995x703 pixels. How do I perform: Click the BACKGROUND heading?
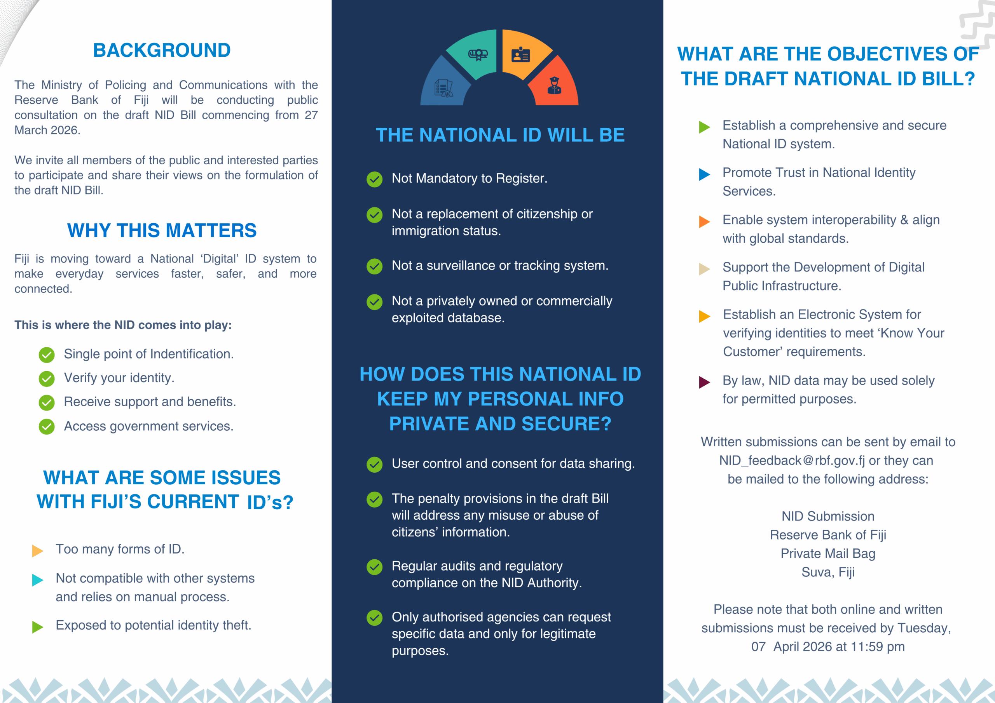point(162,50)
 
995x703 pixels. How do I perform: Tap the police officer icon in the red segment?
point(554,85)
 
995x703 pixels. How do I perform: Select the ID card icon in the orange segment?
point(520,55)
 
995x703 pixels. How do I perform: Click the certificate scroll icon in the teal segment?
point(478,55)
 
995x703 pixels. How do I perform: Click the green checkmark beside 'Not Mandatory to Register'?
point(374,179)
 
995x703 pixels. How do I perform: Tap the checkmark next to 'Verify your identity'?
point(47,379)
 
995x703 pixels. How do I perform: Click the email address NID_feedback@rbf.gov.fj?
point(791,460)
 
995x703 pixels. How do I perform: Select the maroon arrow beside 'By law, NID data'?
point(704,382)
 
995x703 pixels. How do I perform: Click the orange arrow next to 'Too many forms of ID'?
point(38,550)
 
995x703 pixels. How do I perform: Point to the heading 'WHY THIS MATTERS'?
point(162,230)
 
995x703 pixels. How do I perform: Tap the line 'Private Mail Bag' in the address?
point(828,553)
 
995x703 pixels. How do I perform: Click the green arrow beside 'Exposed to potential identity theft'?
point(38,627)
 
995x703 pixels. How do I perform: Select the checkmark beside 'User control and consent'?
point(374,465)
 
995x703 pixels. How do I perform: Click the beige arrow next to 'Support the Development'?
point(704,269)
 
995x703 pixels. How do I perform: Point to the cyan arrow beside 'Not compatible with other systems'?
point(38,579)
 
